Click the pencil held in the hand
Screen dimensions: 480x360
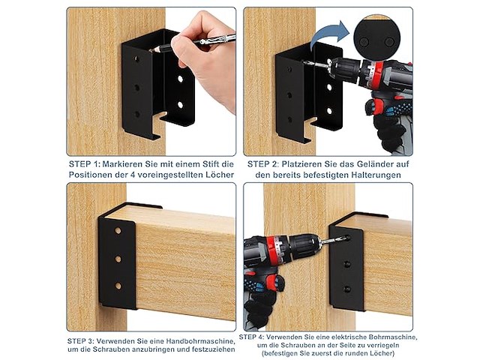(193, 43)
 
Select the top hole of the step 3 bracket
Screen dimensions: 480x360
(118, 230)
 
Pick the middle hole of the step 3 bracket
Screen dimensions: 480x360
(118, 259)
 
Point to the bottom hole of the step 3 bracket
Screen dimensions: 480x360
(118, 286)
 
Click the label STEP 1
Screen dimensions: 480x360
(84, 164)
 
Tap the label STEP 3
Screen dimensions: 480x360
(80, 341)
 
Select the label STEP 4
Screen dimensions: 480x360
(252, 337)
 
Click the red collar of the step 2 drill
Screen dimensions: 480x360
(376, 76)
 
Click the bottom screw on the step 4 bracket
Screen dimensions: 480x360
(346, 289)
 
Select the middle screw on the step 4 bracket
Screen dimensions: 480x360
(346, 264)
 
